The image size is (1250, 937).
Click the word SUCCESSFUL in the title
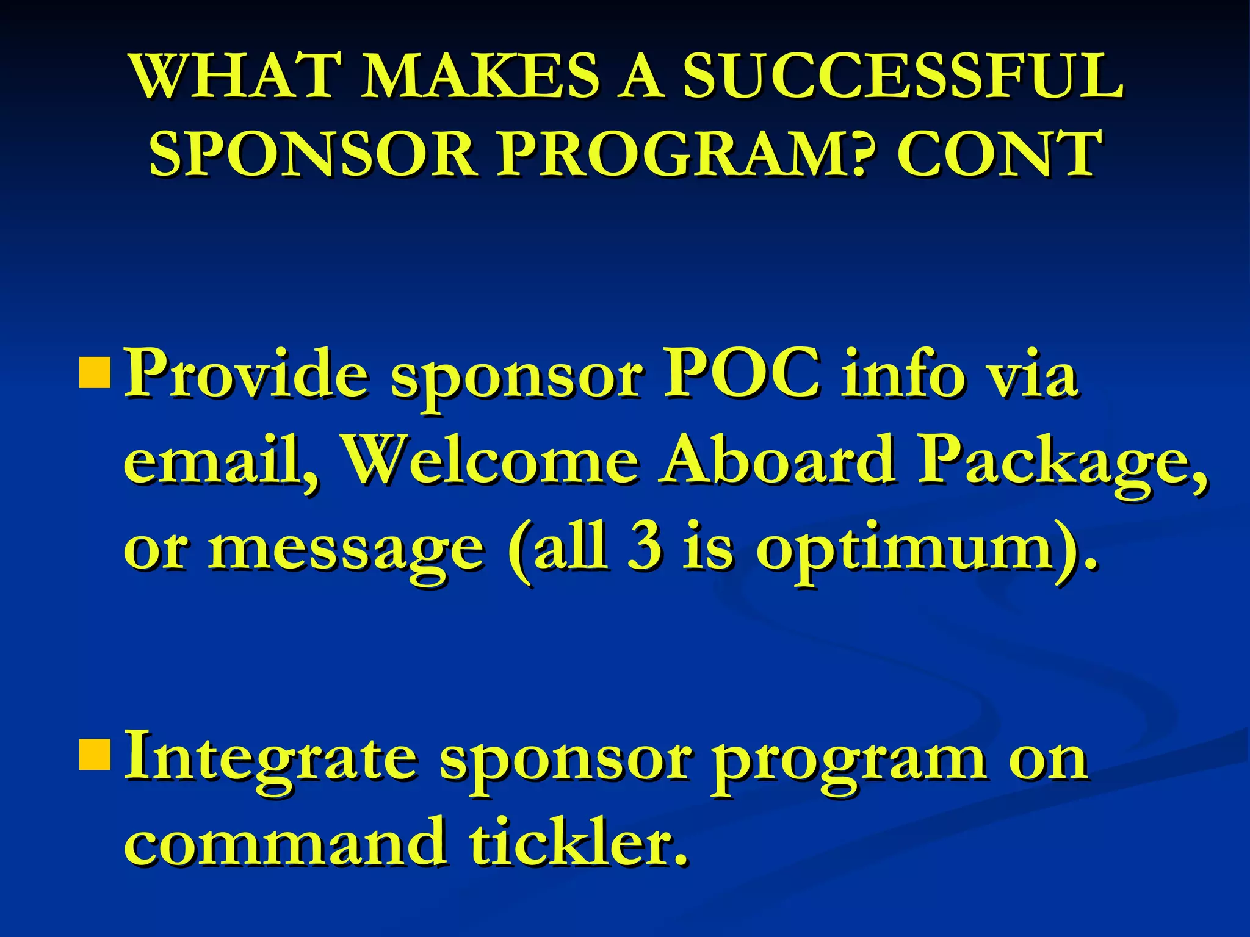pyautogui.click(x=902, y=76)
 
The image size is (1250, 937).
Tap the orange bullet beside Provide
pyautogui.click(x=95, y=374)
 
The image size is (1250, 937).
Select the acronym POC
pyautogui.click(x=742, y=374)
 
